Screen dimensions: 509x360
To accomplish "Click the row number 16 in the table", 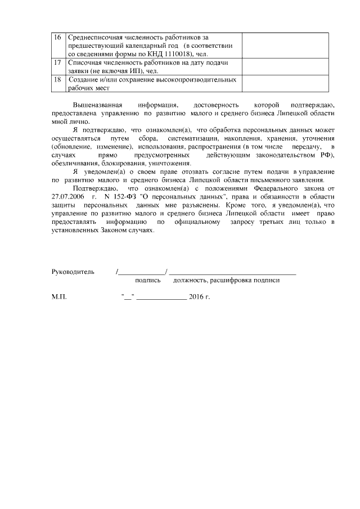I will pos(57,37).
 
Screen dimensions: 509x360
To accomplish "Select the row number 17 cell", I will pos(57,62).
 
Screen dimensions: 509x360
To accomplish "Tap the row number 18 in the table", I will pos(57,80).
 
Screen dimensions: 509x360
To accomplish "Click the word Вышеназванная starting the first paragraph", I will pos(97,105).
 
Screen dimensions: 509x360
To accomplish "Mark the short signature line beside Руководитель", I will pos(141,273).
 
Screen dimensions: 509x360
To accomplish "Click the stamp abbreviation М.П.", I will pos(59,296).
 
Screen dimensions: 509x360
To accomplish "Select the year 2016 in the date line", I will pos(196,296).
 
